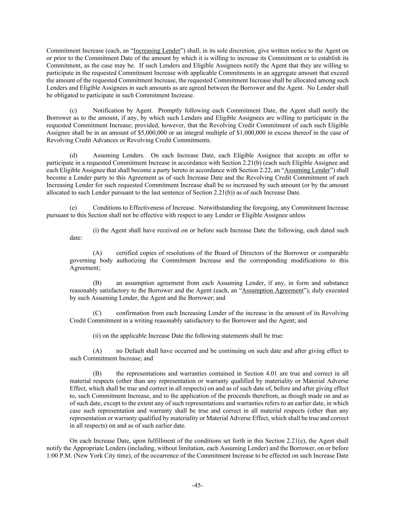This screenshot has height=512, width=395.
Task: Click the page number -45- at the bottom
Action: [x=197, y=485]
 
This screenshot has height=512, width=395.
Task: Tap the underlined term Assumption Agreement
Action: [x=273, y=290]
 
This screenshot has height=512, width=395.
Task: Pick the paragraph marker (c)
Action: [x=73, y=110]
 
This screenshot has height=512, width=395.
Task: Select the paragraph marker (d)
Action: [x=73, y=155]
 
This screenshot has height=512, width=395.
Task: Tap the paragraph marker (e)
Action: [x=73, y=208]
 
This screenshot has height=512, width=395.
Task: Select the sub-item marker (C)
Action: [x=97, y=313]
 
